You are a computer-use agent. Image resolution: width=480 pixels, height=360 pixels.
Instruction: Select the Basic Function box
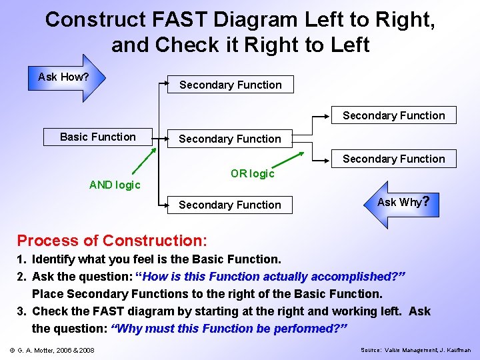click(98, 137)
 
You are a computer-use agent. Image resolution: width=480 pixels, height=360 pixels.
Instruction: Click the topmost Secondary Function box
click(230, 85)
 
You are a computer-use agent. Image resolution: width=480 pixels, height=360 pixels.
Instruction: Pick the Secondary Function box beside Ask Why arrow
click(230, 205)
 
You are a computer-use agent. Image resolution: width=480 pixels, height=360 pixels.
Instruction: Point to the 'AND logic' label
click(115, 185)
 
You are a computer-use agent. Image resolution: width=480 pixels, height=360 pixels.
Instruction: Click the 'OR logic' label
click(252, 174)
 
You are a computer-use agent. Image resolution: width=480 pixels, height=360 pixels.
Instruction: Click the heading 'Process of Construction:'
click(112, 240)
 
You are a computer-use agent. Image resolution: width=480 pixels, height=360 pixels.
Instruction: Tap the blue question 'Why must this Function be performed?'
click(229, 329)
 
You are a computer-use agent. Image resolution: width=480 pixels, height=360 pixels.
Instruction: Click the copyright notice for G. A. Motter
click(52, 350)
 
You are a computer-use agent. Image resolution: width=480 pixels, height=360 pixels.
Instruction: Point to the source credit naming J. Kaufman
click(415, 350)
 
